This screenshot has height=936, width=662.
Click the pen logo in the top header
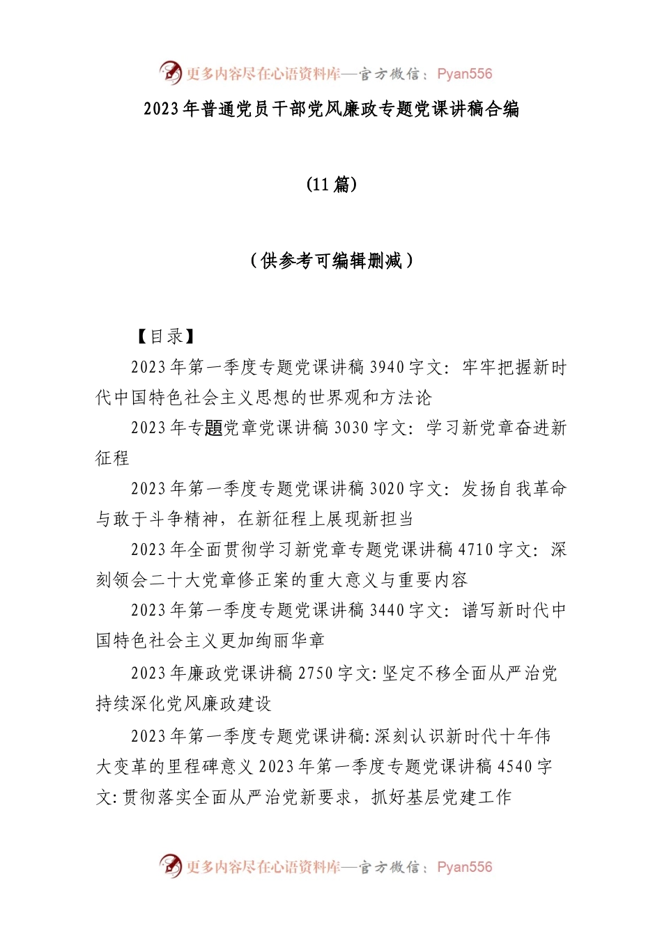click(170, 72)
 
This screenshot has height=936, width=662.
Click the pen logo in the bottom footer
click(170, 866)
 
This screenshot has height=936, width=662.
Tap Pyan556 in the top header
click(464, 74)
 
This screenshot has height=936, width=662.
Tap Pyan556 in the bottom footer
click(464, 867)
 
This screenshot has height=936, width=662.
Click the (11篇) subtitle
click(332, 184)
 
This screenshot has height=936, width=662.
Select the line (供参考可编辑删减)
click(332, 260)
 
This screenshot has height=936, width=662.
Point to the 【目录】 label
click(165, 336)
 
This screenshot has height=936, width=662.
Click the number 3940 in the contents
click(387, 367)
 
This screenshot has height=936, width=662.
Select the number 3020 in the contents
click(387, 489)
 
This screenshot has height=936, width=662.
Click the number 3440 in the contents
click(387, 611)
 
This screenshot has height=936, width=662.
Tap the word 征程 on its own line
click(113, 458)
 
